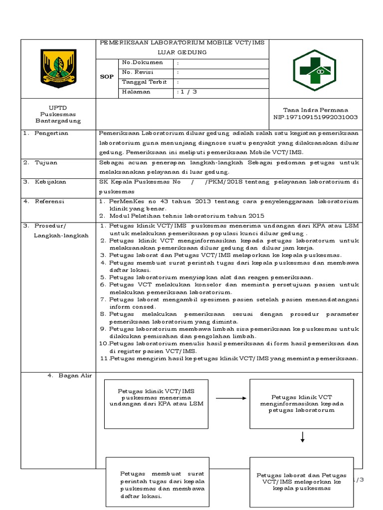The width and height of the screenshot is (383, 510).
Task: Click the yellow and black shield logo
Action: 58,68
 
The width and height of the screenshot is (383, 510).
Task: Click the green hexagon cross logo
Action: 314,70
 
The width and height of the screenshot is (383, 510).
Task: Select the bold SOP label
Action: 107,77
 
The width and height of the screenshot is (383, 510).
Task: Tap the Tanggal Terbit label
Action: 144,82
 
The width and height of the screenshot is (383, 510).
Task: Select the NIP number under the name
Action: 315,117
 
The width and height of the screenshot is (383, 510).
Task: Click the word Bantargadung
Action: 58,121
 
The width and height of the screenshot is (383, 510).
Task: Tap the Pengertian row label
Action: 51,133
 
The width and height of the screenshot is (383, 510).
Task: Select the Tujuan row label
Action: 46,162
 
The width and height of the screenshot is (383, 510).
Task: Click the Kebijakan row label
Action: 50,182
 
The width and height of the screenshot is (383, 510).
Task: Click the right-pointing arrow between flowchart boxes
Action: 230,398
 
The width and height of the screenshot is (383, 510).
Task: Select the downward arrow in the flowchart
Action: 302,437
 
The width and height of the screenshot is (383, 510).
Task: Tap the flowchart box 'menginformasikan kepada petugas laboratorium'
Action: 302,403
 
